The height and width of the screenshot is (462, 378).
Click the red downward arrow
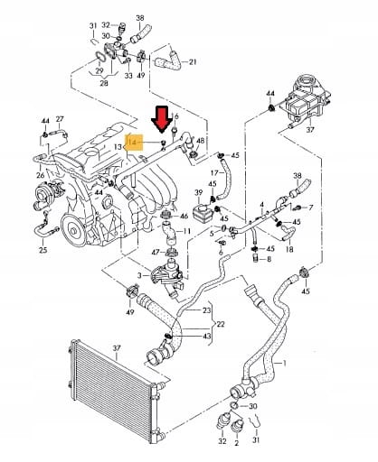pyautogui.click(x=162, y=120)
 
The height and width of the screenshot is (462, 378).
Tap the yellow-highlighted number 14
pyautogui.click(x=133, y=143)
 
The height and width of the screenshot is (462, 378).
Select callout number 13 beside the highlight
pyautogui.click(x=118, y=147)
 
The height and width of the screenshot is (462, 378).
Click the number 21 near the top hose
pyautogui.click(x=193, y=62)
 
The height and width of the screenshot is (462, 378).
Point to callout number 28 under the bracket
pyautogui.click(x=104, y=83)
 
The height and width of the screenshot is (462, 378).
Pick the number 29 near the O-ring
pyautogui.click(x=99, y=70)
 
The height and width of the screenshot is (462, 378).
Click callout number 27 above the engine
pyautogui.click(x=60, y=119)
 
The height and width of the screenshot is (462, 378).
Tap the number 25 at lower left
pyautogui.click(x=43, y=250)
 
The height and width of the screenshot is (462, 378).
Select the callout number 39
pyautogui.click(x=198, y=192)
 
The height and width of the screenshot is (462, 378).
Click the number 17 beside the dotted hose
pyautogui.click(x=214, y=173)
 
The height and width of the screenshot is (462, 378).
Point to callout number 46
pyautogui.click(x=184, y=216)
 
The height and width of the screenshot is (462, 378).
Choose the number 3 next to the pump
pyautogui.click(x=139, y=275)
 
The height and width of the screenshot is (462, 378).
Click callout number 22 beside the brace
pyautogui.click(x=221, y=324)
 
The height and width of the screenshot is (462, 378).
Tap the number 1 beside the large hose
pyautogui.click(x=284, y=364)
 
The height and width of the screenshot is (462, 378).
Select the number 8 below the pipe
pyautogui.click(x=269, y=259)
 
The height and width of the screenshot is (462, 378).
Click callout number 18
pyautogui.click(x=289, y=249)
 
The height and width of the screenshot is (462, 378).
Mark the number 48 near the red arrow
pyautogui.click(x=200, y=141)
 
